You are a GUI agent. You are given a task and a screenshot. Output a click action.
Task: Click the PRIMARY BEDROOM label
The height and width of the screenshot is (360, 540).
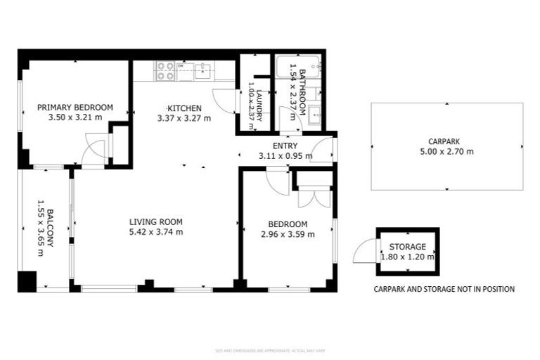pos(75,107)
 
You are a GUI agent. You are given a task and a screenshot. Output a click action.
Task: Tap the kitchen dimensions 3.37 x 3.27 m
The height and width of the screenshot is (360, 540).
pos(184,118)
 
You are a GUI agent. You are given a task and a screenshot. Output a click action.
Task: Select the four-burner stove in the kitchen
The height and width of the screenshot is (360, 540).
pos(165,70)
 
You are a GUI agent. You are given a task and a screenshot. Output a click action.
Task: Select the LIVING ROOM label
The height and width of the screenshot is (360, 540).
pos(156,221)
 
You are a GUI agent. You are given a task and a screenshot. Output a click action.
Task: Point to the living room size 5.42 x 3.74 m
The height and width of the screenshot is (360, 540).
pos(156,232)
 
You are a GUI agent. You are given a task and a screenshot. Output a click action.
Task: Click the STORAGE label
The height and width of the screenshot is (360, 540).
pos(407,247)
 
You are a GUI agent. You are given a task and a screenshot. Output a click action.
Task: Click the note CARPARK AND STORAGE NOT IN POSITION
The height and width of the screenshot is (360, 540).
pos(444,289)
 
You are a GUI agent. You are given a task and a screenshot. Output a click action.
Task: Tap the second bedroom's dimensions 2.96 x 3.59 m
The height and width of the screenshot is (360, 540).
pos(288,234)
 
